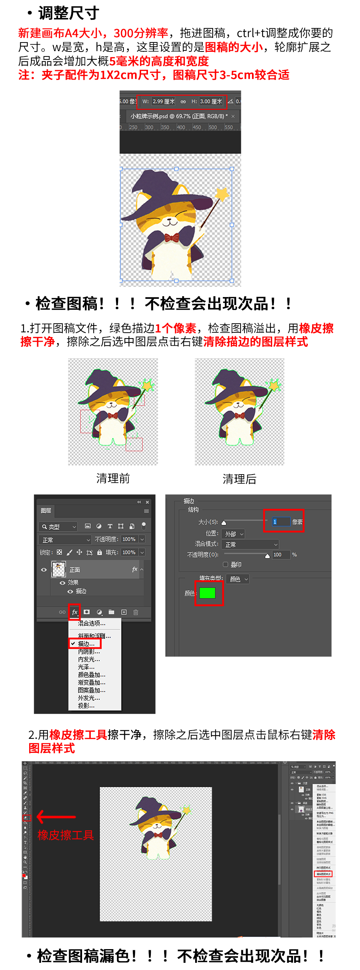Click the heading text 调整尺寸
coord(68,13)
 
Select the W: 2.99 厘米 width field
coord(163,101)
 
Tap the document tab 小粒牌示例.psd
coord(179,116)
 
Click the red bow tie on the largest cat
coord(172,238)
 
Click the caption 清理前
coord(113,478)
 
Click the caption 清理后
coord(239,479)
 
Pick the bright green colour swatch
coord(207,593)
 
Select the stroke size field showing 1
coord(281,521)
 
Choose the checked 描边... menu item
coord(86,644)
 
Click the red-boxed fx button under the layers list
coord(75,612)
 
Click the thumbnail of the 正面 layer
coord(59,569)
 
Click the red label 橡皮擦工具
coord(66,835)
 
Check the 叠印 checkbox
coord(226,565)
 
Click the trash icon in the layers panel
coord(136,612)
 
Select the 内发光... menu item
coord(89,659)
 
